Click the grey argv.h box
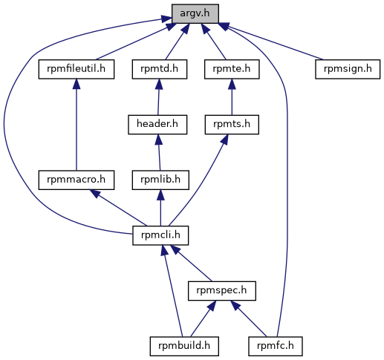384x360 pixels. click(x=195, y=13)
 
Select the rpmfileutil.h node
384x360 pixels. click(x=77, y=69)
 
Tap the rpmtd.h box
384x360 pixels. click(x=160, y=69)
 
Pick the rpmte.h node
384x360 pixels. click(x=232, y=69)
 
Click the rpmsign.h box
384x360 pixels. click(x=348, y=69)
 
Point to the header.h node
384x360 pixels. click(x=157, y=125)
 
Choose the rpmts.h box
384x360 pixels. click(x=232, y=125)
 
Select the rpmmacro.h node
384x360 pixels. click(x=77, y=180)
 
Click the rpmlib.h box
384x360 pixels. click(x=160, y=180)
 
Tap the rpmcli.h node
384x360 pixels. click(x=160, y=235)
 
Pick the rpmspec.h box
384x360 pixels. click(x=222, y=291)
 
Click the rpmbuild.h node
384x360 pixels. click(x=184, y=346)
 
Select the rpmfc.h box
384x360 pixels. click(x=276, y=346)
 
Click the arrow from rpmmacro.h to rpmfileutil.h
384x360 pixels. click(x=77, y=125)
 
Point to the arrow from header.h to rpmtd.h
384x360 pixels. click(x=158, y=97)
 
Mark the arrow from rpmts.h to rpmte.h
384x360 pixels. click(x=232, y=97)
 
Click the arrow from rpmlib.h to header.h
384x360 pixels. click(x=159, y=152)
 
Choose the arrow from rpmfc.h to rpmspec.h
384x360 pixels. click(x=249, y=318)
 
